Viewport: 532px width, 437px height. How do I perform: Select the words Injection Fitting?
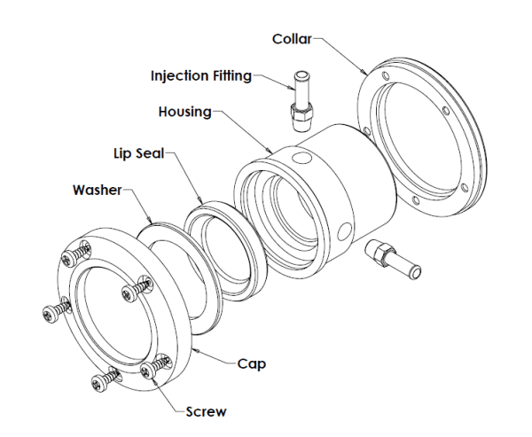click(x=199, y=75)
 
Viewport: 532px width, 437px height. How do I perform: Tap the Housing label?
click(x=184, y=113)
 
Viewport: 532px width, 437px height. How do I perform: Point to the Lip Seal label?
click(x=136, y=153)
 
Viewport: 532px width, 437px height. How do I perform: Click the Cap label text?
click(x=251, y=363)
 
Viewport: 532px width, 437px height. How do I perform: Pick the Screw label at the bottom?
click(x=206, y=410)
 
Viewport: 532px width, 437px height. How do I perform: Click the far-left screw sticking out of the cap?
click(x=52, y=312)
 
